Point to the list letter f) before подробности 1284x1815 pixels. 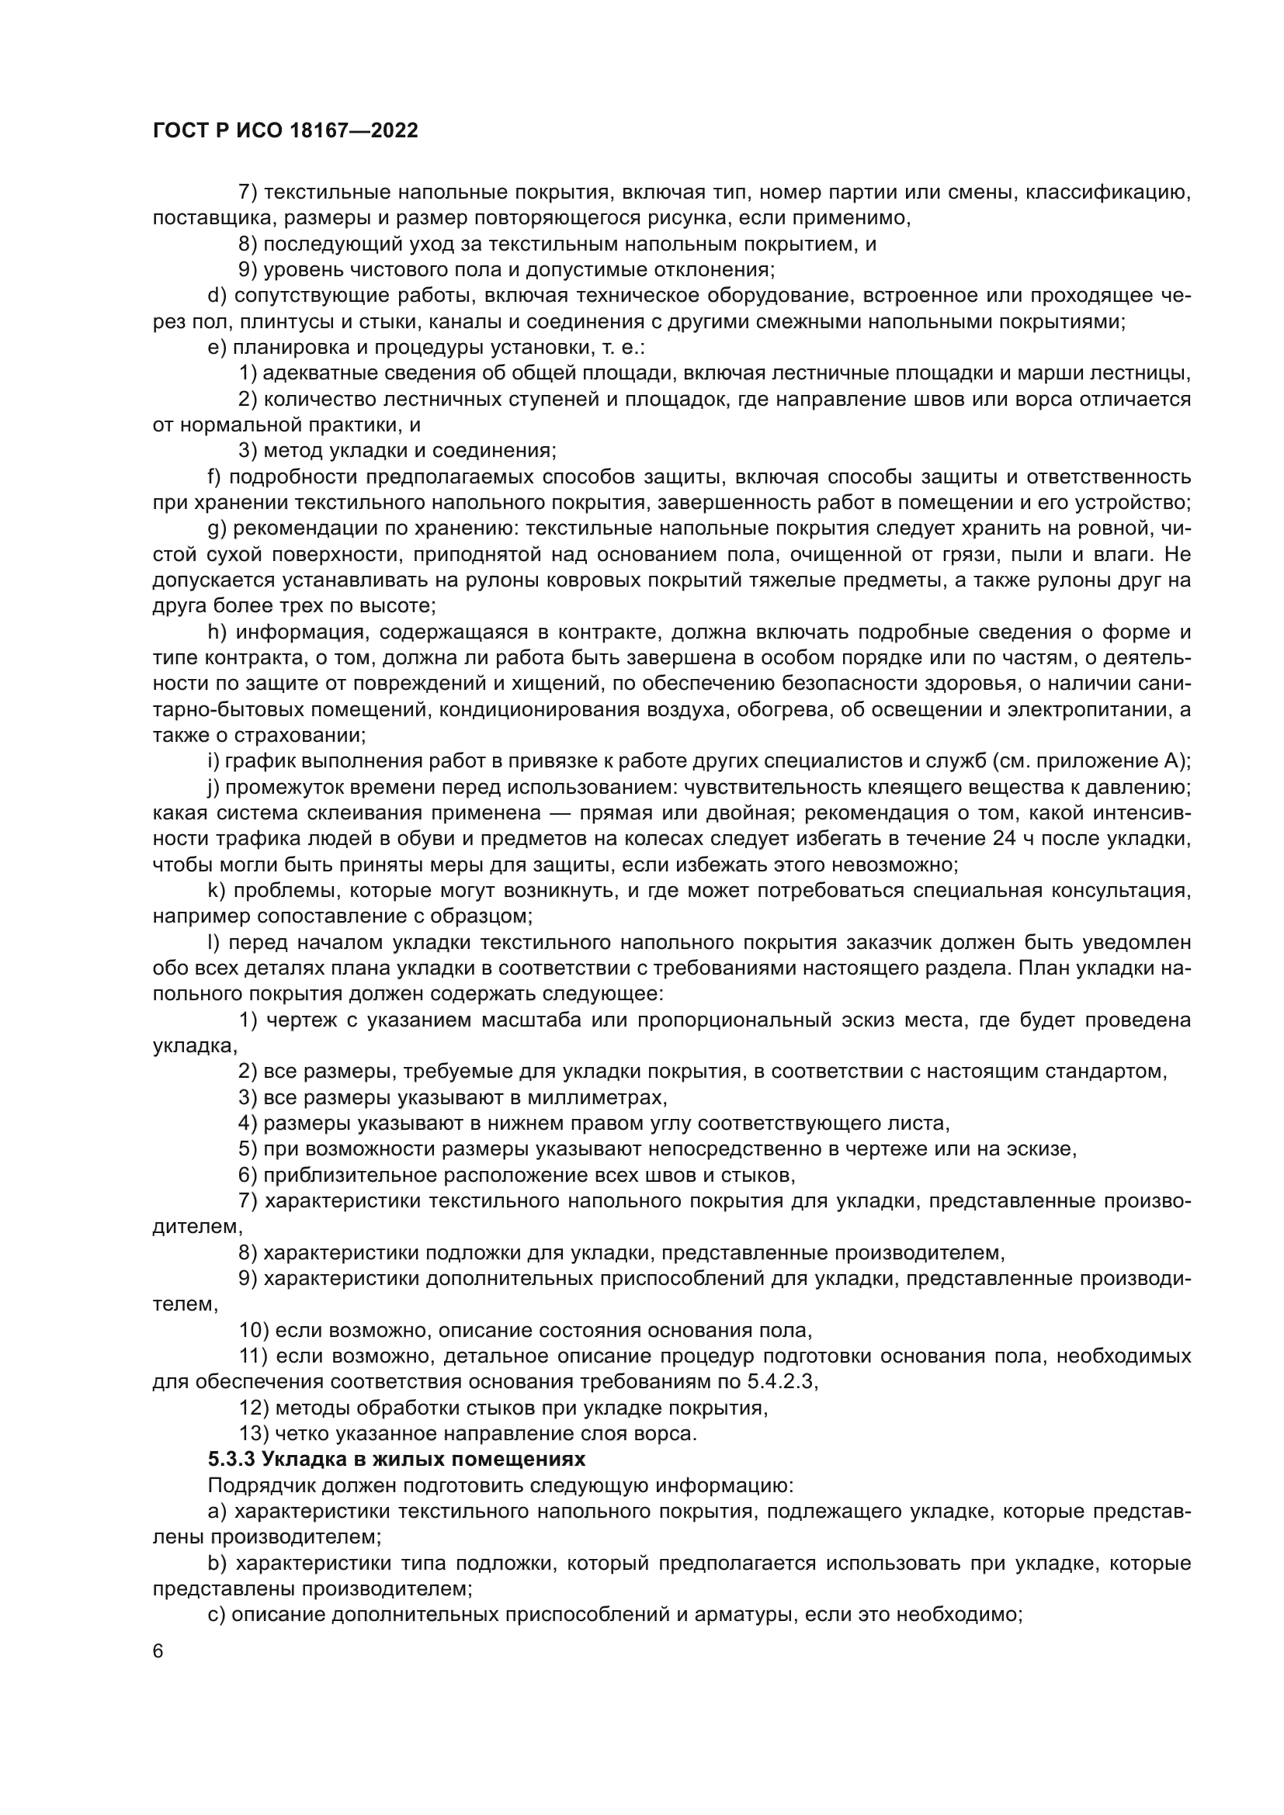pyautogui.click(x=213, y=476)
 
